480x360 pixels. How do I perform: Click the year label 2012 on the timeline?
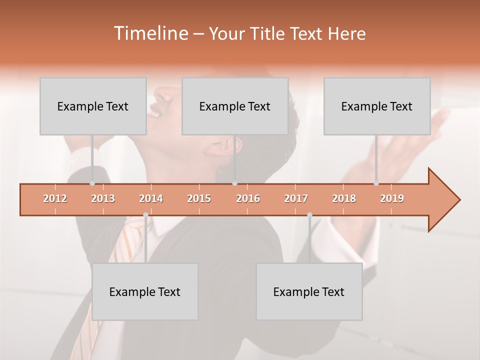click(55, 198)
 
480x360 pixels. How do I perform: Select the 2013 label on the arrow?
click(103, 198)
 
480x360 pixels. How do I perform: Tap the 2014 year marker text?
click(151, 198)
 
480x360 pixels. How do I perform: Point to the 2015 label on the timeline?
click(199, 198)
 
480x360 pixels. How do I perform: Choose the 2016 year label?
click(248, 198)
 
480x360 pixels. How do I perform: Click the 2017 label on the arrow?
click(296, 198)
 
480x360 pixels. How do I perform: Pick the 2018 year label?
click(344, 198)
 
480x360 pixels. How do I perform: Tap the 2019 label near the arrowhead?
click(392, 198)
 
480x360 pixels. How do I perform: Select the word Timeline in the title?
click(150, 33)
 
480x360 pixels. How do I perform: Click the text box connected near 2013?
click(93, 106)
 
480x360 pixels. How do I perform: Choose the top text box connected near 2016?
click(235, 106)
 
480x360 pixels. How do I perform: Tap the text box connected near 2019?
click(377, 106)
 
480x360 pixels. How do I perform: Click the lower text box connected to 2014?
click(145, 291)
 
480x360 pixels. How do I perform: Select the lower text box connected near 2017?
click(309, 291)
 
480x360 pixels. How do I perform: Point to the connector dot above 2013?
click(92, 183)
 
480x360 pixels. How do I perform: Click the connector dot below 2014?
click(145, 214)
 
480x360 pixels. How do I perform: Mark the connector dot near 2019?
click(376, 183)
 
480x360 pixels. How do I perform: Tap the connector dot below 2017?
click(309, 214)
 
